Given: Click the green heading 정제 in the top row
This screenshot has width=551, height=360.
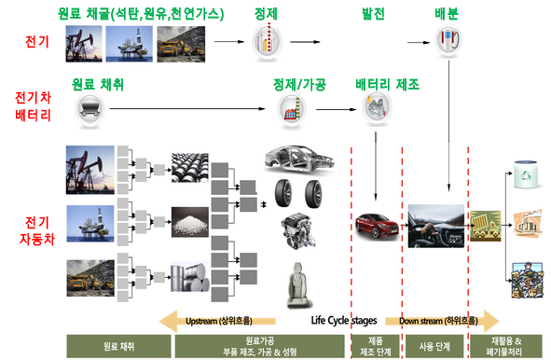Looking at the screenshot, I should [x=266, y=13].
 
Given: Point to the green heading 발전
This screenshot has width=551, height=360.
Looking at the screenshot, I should [x=373, y=13].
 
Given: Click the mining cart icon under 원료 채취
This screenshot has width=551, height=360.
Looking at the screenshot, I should [x=88, y=111].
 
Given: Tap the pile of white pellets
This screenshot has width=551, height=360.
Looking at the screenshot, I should [x=190, y=223].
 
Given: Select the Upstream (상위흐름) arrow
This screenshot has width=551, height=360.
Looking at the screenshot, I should [x=218, y=320].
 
